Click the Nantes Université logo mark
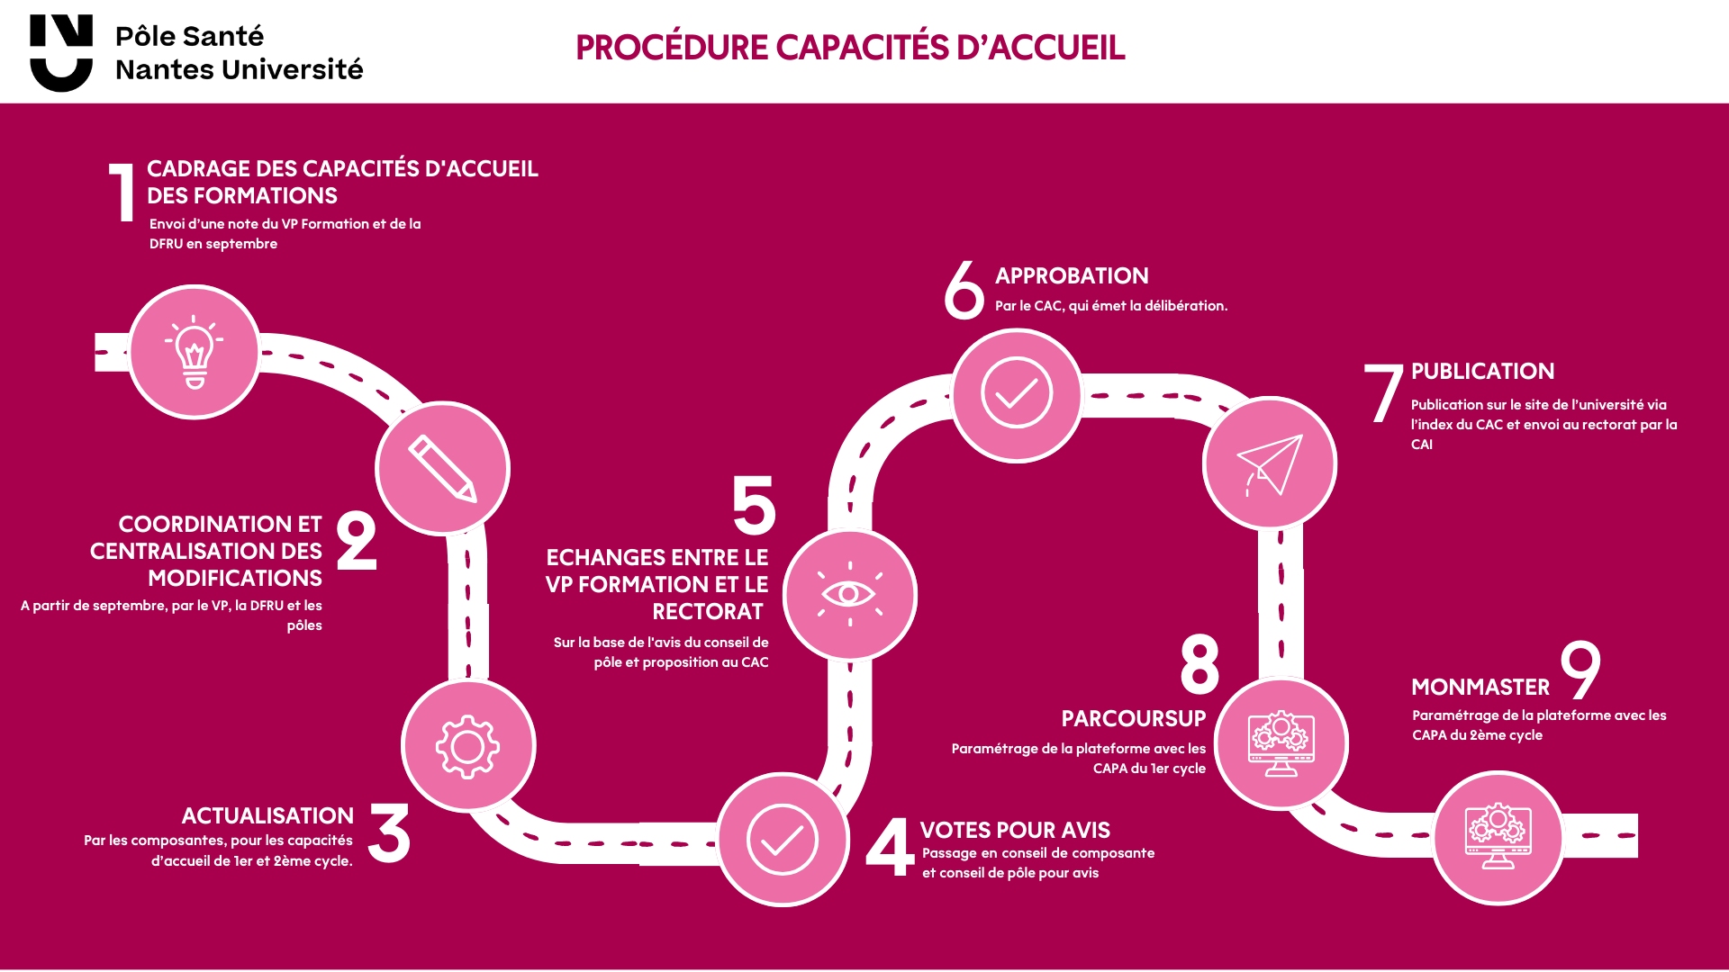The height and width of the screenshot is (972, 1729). [61, 52]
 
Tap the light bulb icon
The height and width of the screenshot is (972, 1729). [195, 352]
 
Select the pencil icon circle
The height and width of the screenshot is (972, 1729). [442, 468]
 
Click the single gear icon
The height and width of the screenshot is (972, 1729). [467, 746]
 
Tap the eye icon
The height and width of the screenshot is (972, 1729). [849, 594]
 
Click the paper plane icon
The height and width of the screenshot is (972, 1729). [1270, 464]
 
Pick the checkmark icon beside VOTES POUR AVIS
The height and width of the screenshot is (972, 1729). [783, 840]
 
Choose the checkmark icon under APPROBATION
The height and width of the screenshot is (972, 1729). [1017, 394]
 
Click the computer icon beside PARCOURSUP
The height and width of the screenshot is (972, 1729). [1281, 743]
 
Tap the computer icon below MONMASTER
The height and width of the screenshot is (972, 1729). [1498, 837]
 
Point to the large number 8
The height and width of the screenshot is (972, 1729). [1199, 664]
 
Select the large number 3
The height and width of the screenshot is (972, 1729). [389, 833]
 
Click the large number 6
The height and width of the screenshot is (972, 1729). [964, 290]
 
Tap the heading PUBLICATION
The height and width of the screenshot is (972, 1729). [1482, 372]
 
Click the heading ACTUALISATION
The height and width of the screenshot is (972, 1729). [267, 815]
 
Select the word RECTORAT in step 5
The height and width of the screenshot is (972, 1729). [708, 612]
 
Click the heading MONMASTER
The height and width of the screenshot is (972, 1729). [1480, 688]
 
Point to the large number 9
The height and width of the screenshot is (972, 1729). [1580, 669]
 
